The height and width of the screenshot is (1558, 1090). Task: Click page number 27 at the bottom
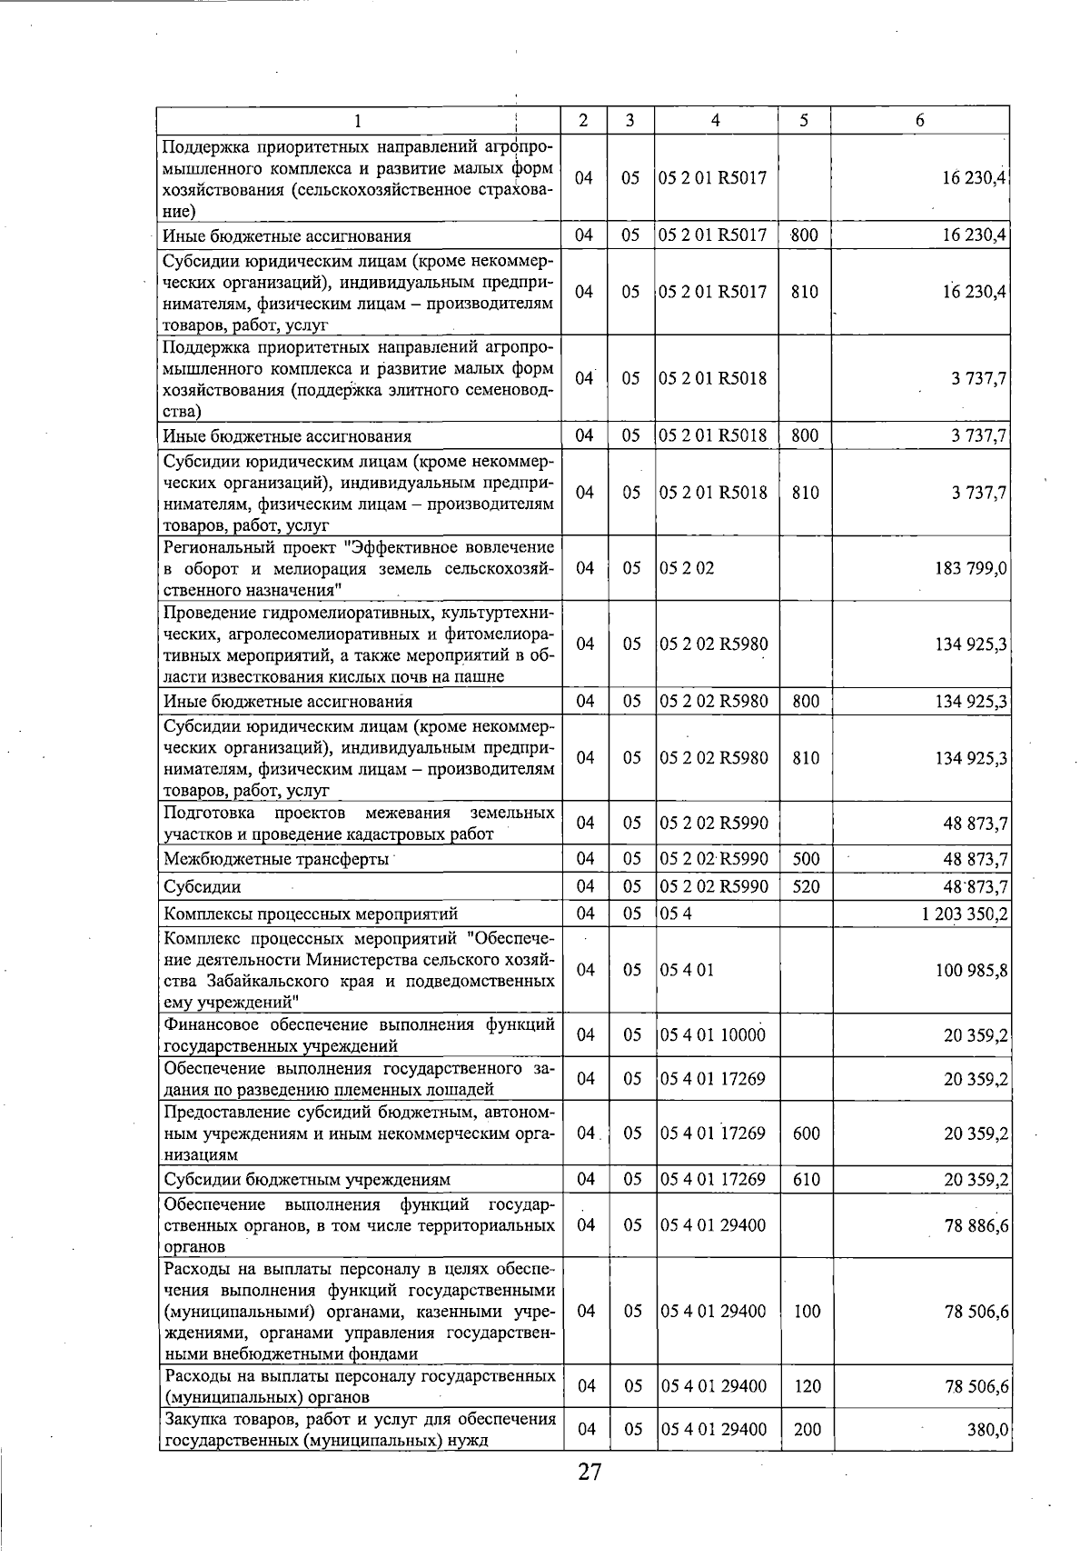pyautogui.click(x=590, y=1473)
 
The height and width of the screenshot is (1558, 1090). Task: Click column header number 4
pyautogui.click(x=716, y=121)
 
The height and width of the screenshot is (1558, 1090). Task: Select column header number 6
pyautogui.click(x=919, y=121)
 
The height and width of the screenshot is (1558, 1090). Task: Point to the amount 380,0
pyautogui.click(x=987, y=1430)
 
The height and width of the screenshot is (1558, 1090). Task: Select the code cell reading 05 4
pyautogui.click(x=677, y=914)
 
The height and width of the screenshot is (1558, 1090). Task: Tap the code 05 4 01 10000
pyautogui.click(x=713, y=1034)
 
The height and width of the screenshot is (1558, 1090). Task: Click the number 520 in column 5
pyautogui.click(x=806, y=886)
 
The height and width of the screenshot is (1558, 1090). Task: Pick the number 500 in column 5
pyautogui.click(x=806, y=858)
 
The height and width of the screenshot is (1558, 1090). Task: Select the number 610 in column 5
pyautogui.click(x=806, y=1180)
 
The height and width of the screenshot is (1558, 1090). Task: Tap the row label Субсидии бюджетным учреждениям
pyautogui.click(x=307, y=1181)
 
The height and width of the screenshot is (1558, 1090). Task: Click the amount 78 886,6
pyautogui.click(x=976, y=1226)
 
